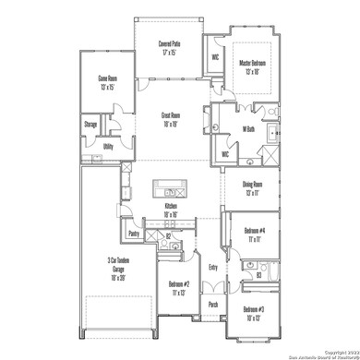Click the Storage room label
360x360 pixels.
click(91, 124)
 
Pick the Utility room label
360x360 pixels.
click(107, 146)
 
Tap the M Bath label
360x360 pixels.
click(248, 129)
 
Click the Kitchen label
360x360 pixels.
click(171, 209)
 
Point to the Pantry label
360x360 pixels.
click(133, 234)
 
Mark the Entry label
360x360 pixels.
click(213, 268)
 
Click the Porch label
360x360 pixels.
click(213, 304)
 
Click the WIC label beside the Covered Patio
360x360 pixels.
click(214, 56)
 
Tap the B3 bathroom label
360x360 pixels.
click(259, 274)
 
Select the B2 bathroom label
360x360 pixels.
click(168, 235)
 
